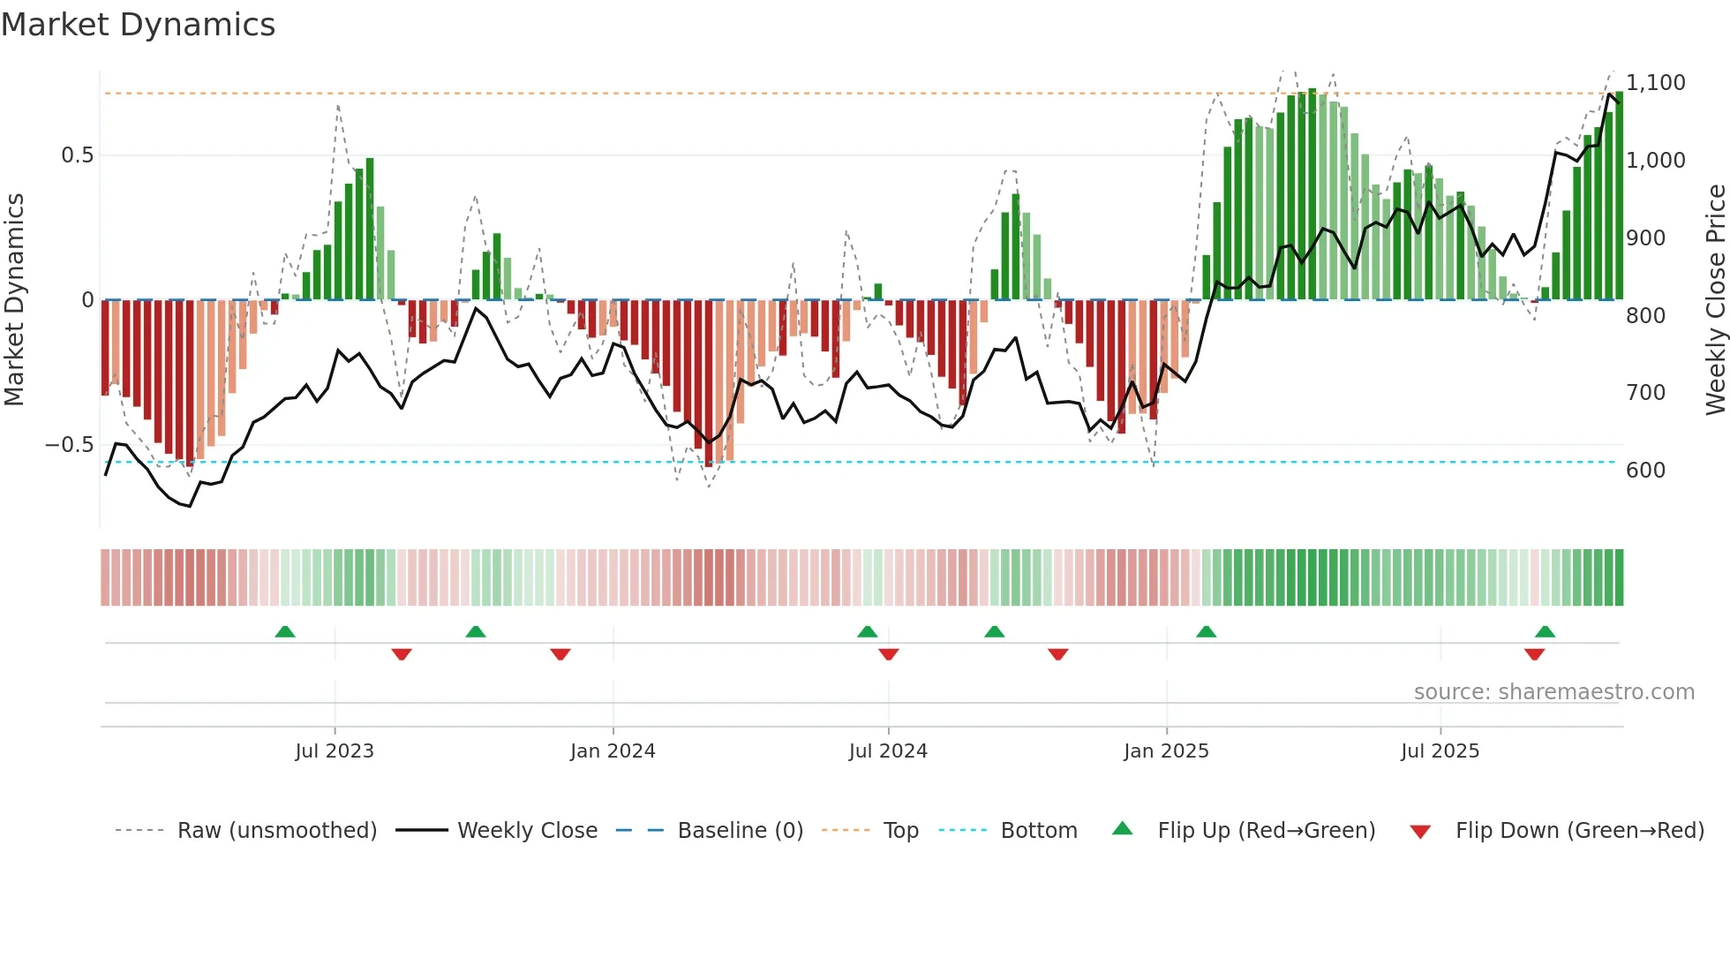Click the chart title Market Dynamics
coord(138,25)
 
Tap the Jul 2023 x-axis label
coord(335,751)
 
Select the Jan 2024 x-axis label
coord(613,751)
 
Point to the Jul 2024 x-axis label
coord(888,751)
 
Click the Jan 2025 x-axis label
coord(1166,751)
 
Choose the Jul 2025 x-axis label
coord(1440,751)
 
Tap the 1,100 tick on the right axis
coord(1655,83)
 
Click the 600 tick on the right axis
coord(1645,471)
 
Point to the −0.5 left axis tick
coord(69,445)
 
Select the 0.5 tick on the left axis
coord(77,155)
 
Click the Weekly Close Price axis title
coord(1715,300)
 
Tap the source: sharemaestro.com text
coord(1553,692)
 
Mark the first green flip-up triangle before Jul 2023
coord(285,632)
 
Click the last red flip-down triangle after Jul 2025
coord(1534,654)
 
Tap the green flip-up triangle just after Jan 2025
coord(1206,632)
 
